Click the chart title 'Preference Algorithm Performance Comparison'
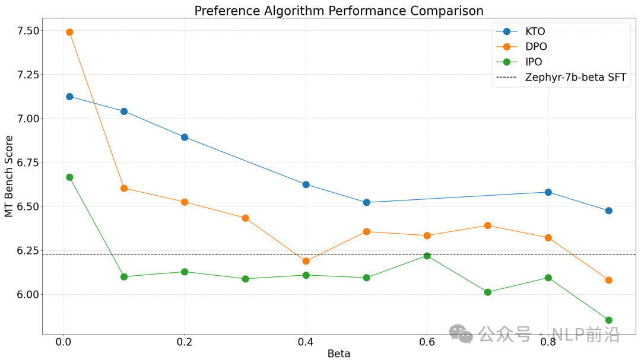339,11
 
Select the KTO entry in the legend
535,31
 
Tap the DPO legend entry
535,47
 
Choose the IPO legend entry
534,62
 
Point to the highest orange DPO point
69,32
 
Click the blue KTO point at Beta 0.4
306,184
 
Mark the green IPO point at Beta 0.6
427,256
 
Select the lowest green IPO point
608,320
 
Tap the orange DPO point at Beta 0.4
306,261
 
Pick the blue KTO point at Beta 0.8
548,192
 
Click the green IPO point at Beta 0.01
69,177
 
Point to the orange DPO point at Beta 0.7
487,225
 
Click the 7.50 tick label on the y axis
26,31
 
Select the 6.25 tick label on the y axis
26,251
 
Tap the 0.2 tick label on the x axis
185,342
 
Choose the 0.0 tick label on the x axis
63,342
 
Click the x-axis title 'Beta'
339,353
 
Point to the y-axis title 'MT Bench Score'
9,176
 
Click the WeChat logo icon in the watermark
460,333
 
